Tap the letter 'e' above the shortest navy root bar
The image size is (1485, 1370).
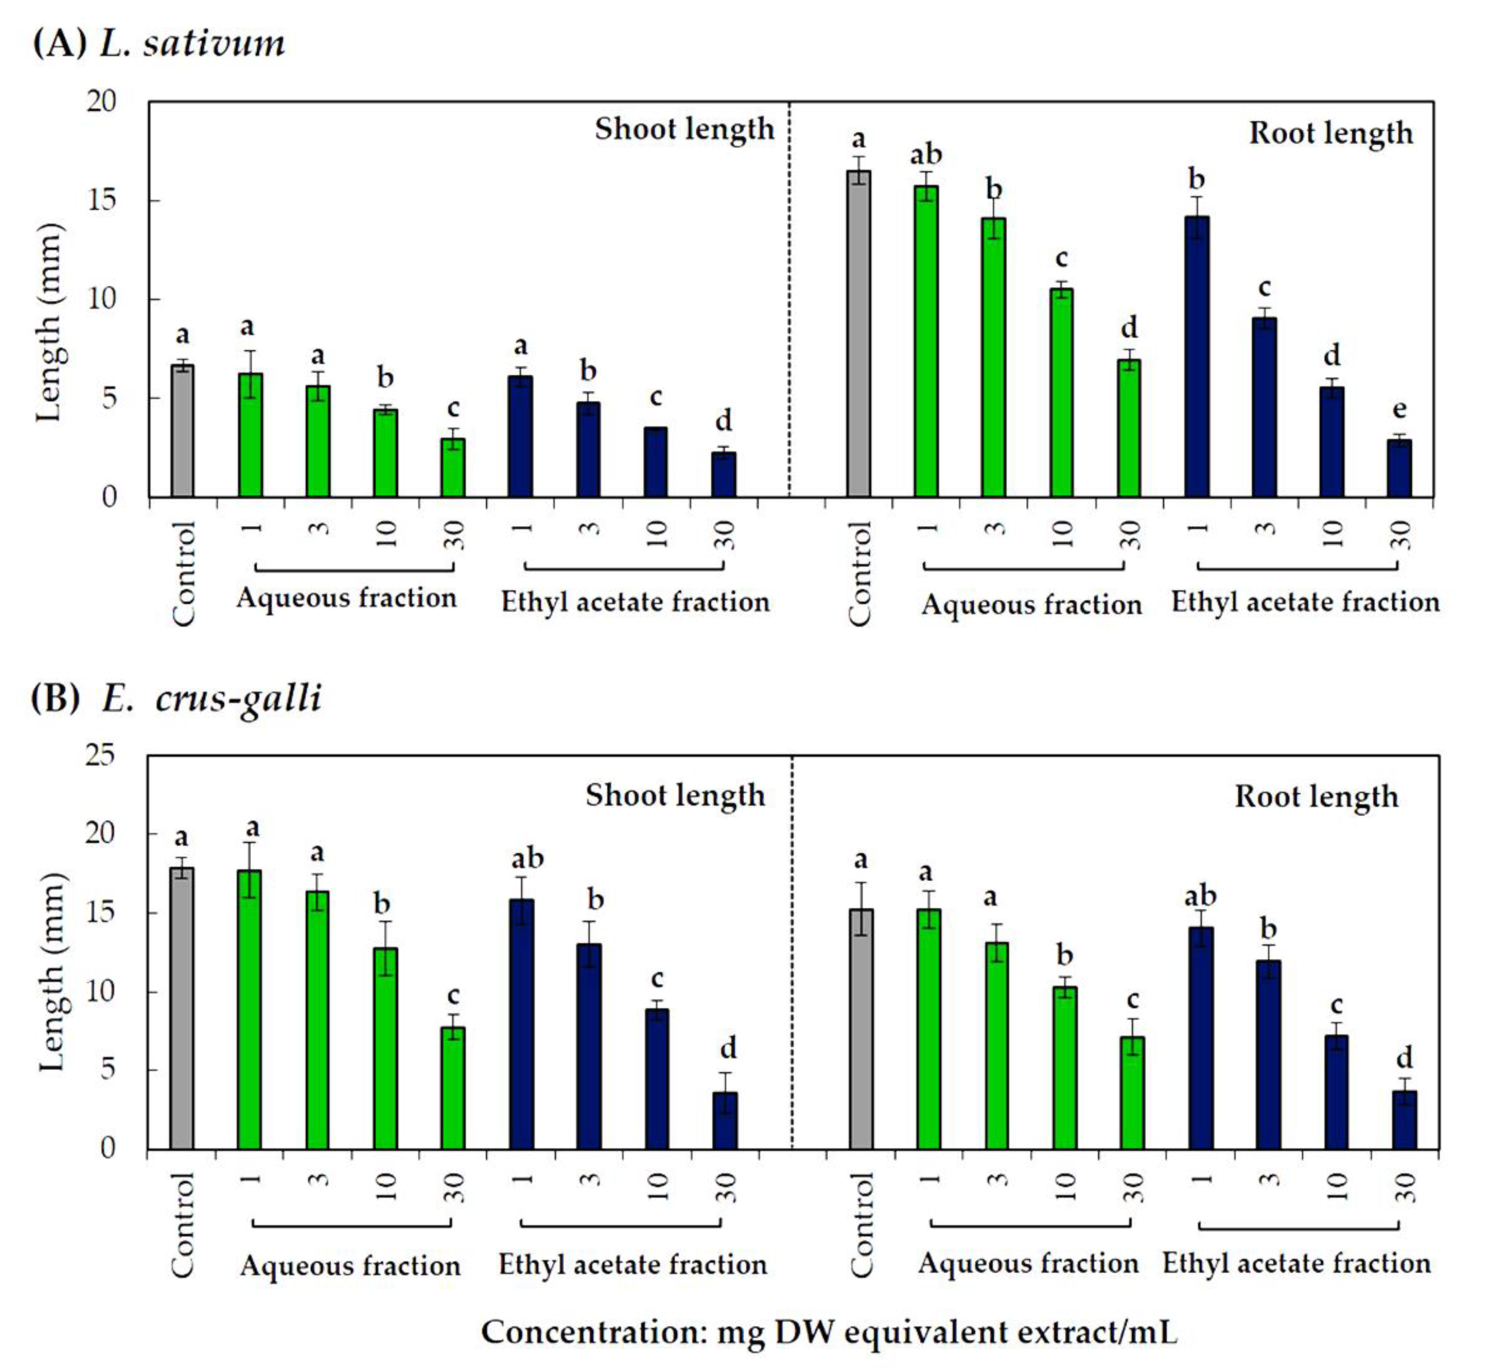point(1399,409)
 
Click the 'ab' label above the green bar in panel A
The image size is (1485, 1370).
point(926,155)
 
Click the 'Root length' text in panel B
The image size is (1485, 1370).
point(1316,797)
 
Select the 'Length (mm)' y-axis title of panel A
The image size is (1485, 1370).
point(49,322)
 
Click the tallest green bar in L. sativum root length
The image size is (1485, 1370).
point(926,341)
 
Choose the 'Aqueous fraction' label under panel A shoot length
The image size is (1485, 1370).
point(346,598)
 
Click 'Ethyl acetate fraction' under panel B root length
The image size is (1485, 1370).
point(1296,1263)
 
